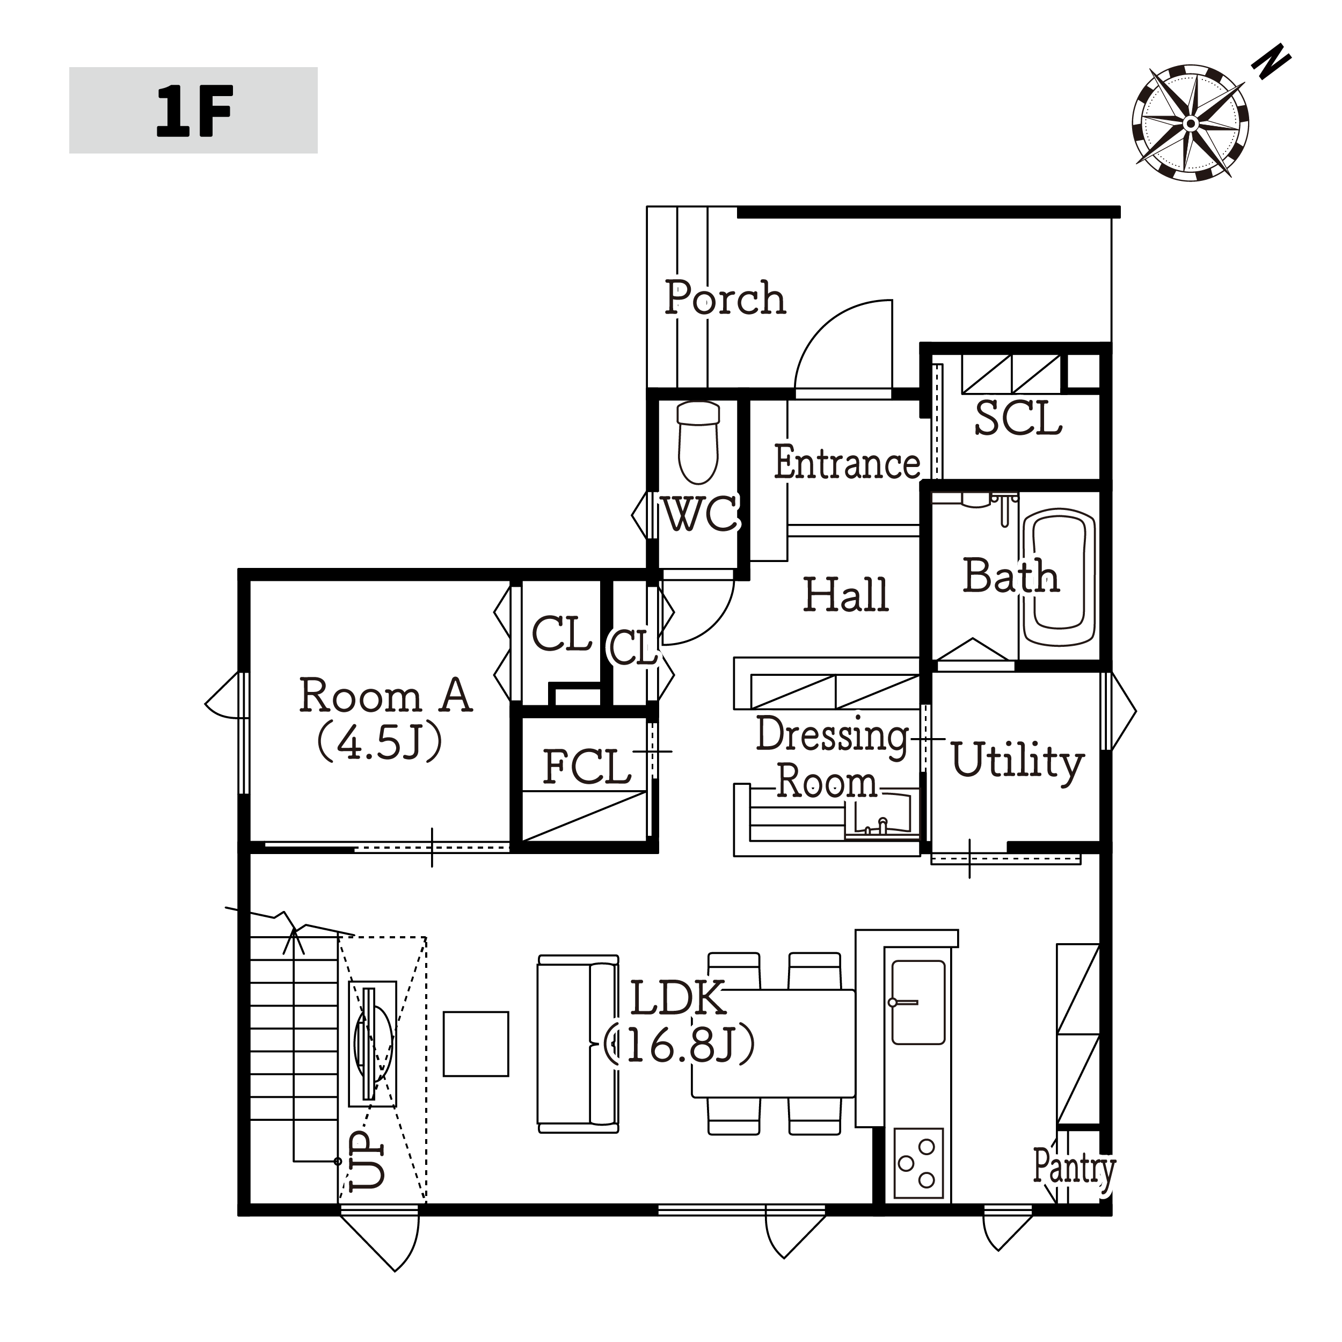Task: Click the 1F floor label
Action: (x=194, y=111)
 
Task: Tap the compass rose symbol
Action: (x=1190, y=123)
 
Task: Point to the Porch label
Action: (x=725, y=297)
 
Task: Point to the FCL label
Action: (x=587, y=767)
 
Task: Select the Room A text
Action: (x=385, y=695)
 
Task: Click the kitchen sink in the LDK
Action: (x=918, y=1002)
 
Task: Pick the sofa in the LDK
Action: (x=578, y=1044)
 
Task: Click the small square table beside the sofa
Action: (x=476, y=1044)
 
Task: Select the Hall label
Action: (x=846, y=595)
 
